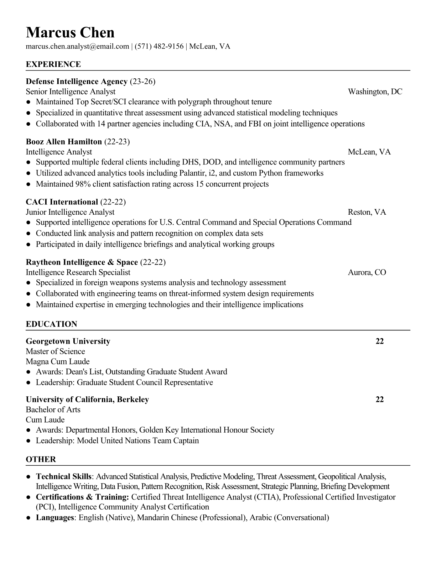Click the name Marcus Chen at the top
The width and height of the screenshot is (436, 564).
[70, 33]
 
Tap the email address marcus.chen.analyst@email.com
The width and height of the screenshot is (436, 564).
[77, 46]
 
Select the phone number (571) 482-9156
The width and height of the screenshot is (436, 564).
[159, 46]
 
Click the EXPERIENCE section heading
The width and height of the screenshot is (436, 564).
[53, 64]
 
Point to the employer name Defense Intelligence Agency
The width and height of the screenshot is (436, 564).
[77, 82]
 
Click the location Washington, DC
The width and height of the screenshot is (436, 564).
[375, 92]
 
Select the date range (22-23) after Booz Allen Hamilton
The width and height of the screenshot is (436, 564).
[117, 142]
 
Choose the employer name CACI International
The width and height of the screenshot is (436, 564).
[62, 202]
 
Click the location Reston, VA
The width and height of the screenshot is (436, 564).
[367, 212]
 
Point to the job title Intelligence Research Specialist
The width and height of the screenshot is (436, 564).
[78, 272]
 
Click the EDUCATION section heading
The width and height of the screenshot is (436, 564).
[51, 324]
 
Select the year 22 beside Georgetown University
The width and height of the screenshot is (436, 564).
[380, 341]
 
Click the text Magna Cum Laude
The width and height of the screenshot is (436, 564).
[58, 362]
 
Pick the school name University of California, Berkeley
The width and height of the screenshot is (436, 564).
[87, 399]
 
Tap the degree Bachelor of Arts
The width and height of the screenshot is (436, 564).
[53, 410]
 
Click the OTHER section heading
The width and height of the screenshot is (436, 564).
[41, 459]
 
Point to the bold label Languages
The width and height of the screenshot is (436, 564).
[54, 518]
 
